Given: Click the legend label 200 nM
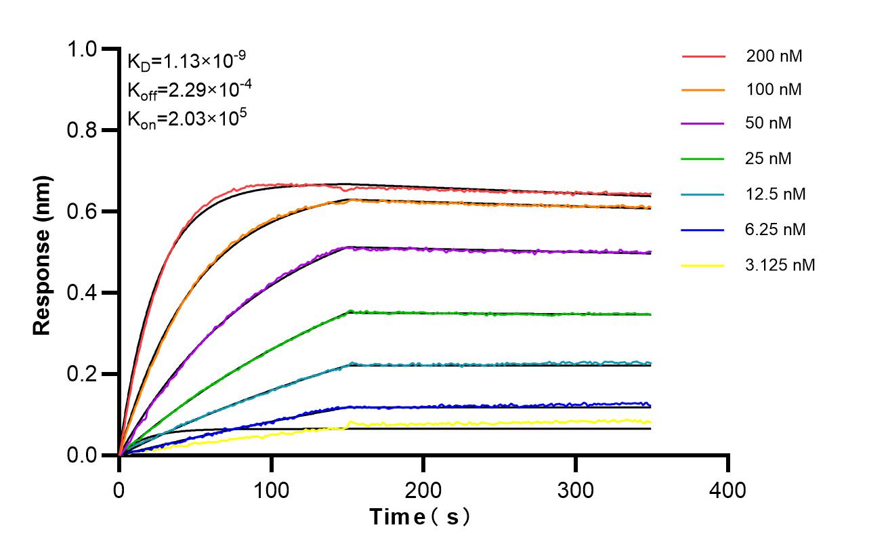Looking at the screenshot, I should [774, 56].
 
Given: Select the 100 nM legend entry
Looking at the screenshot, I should [774, 89].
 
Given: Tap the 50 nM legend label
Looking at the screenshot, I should [768, 124].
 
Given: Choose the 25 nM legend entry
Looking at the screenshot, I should [768, 159].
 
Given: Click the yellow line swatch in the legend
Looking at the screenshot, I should [702, 265].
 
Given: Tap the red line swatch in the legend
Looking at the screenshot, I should [702, 56].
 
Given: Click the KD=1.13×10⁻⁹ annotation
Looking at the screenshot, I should [186, 62].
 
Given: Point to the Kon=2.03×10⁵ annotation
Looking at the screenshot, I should [186, 119].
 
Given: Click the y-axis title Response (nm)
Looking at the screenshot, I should [43, 255].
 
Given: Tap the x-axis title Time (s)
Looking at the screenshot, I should [421, 517].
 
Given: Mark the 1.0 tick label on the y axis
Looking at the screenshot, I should [82, 49].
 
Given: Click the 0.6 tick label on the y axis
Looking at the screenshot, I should [82, 212].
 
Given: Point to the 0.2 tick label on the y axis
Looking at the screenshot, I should [82, 375].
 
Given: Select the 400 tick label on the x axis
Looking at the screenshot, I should [728, 489].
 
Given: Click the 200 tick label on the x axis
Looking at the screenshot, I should [423, 489].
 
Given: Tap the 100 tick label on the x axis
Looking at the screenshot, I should [271, 489].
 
